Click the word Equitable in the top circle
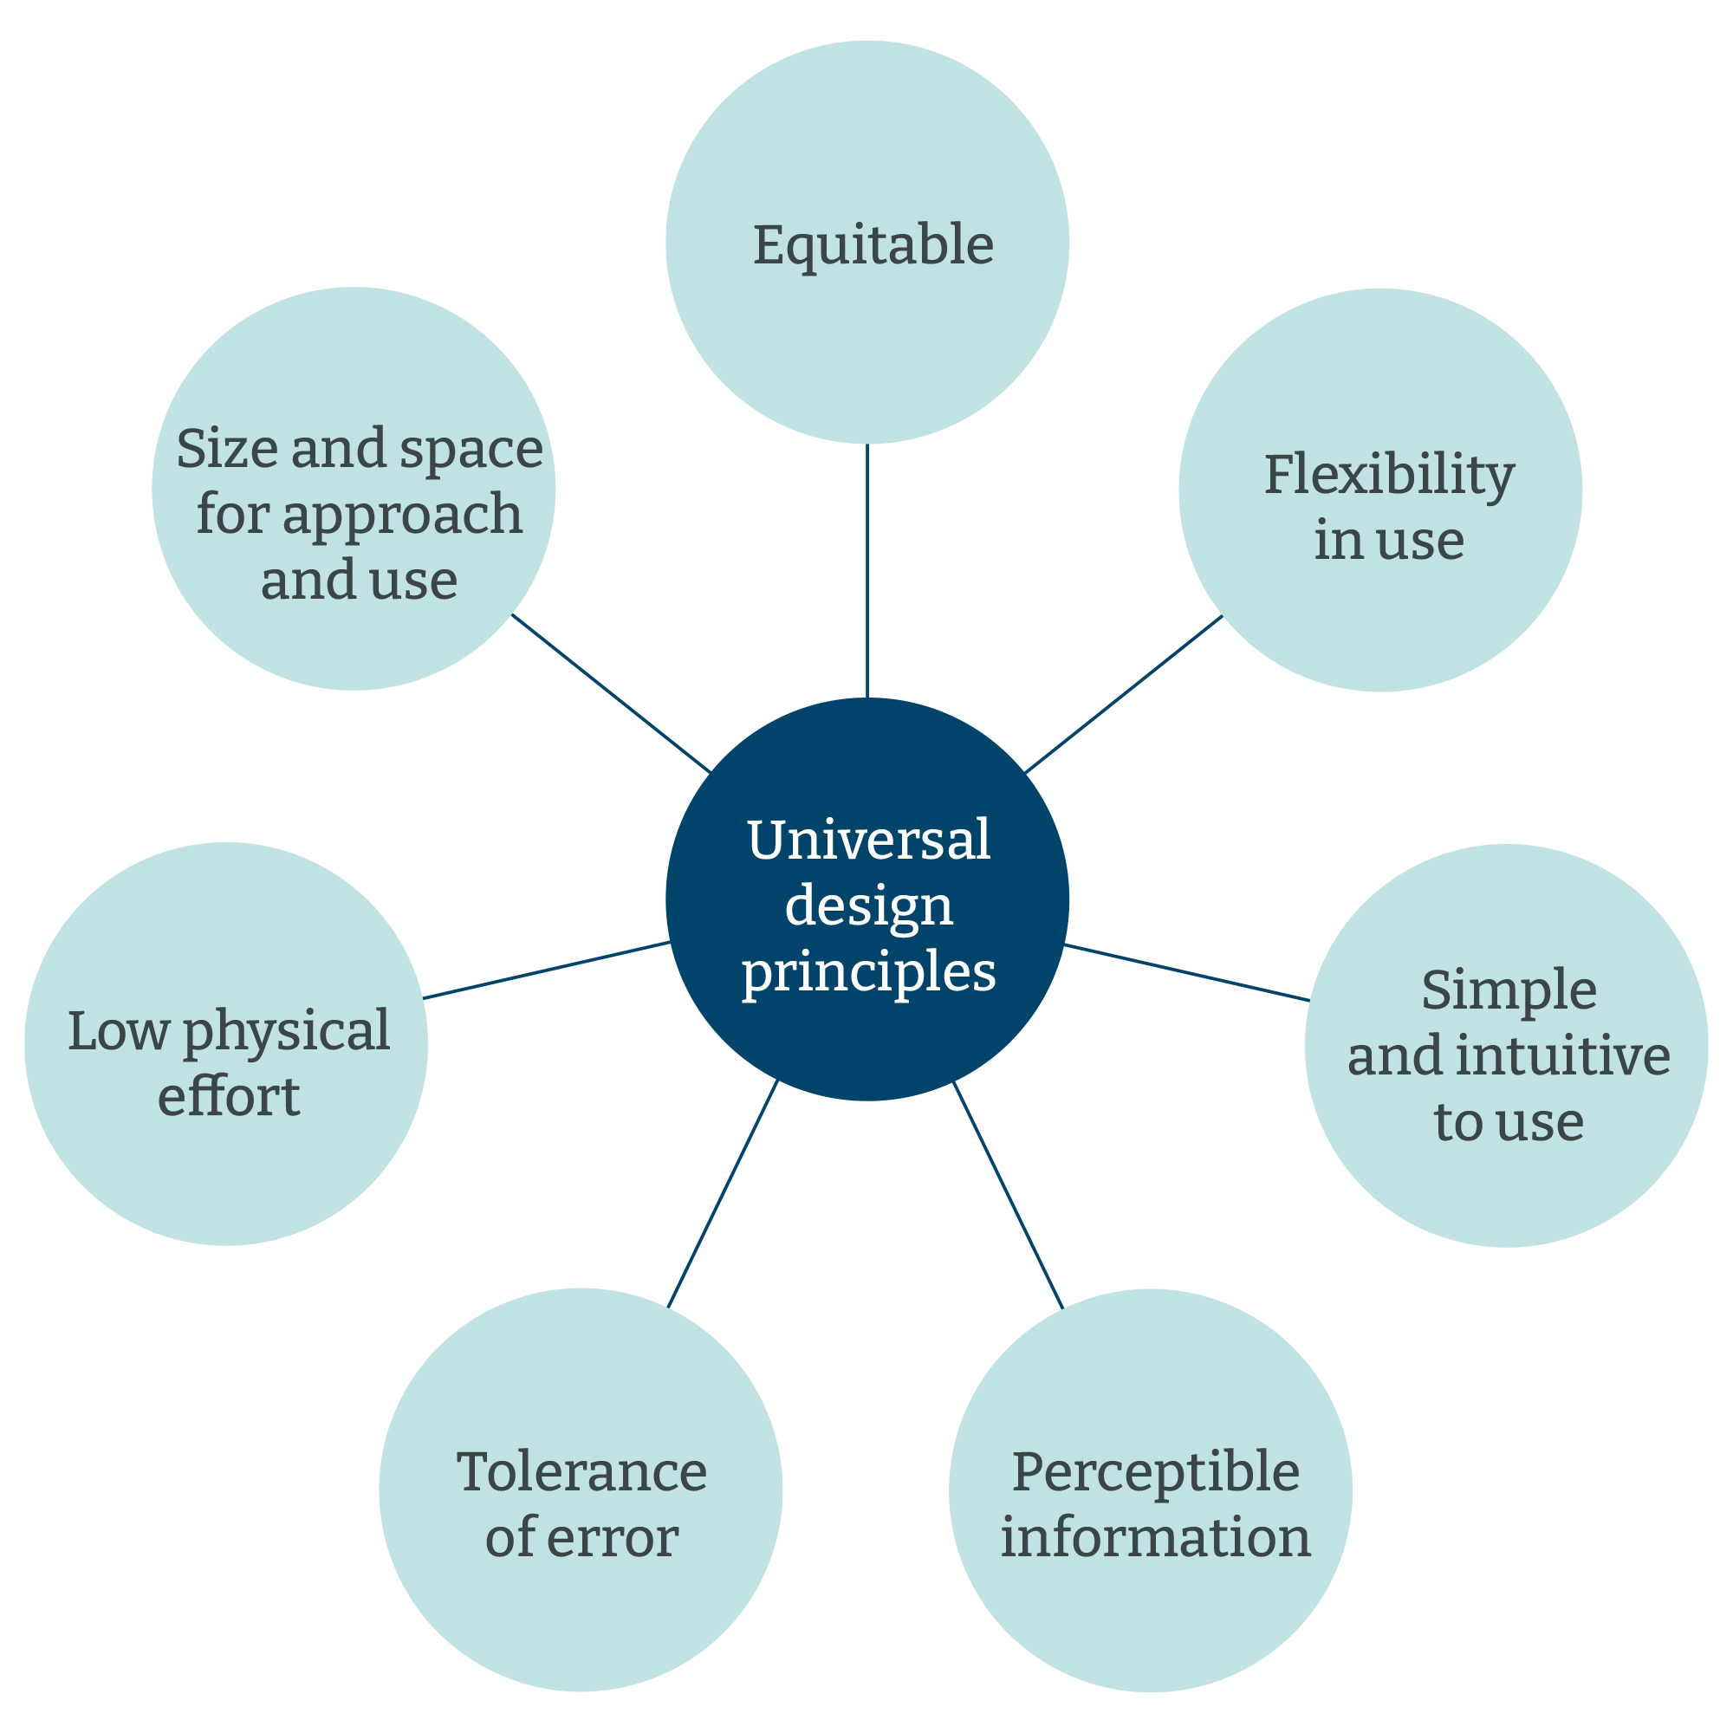click(873, 245)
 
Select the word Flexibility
click(1388, 476)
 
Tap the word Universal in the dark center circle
click(868, 841)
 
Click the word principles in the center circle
click(868, 972)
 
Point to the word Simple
click(1509, 992)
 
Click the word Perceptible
click(1155, 1472)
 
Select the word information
click(1155, 1536)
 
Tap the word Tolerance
click(581, 1472)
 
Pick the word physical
click(286, 1031)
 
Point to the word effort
click(228, 1096)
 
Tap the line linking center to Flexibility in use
click(1123, 694)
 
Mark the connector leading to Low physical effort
click(546, 970)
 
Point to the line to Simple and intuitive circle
click(1186, 972)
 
